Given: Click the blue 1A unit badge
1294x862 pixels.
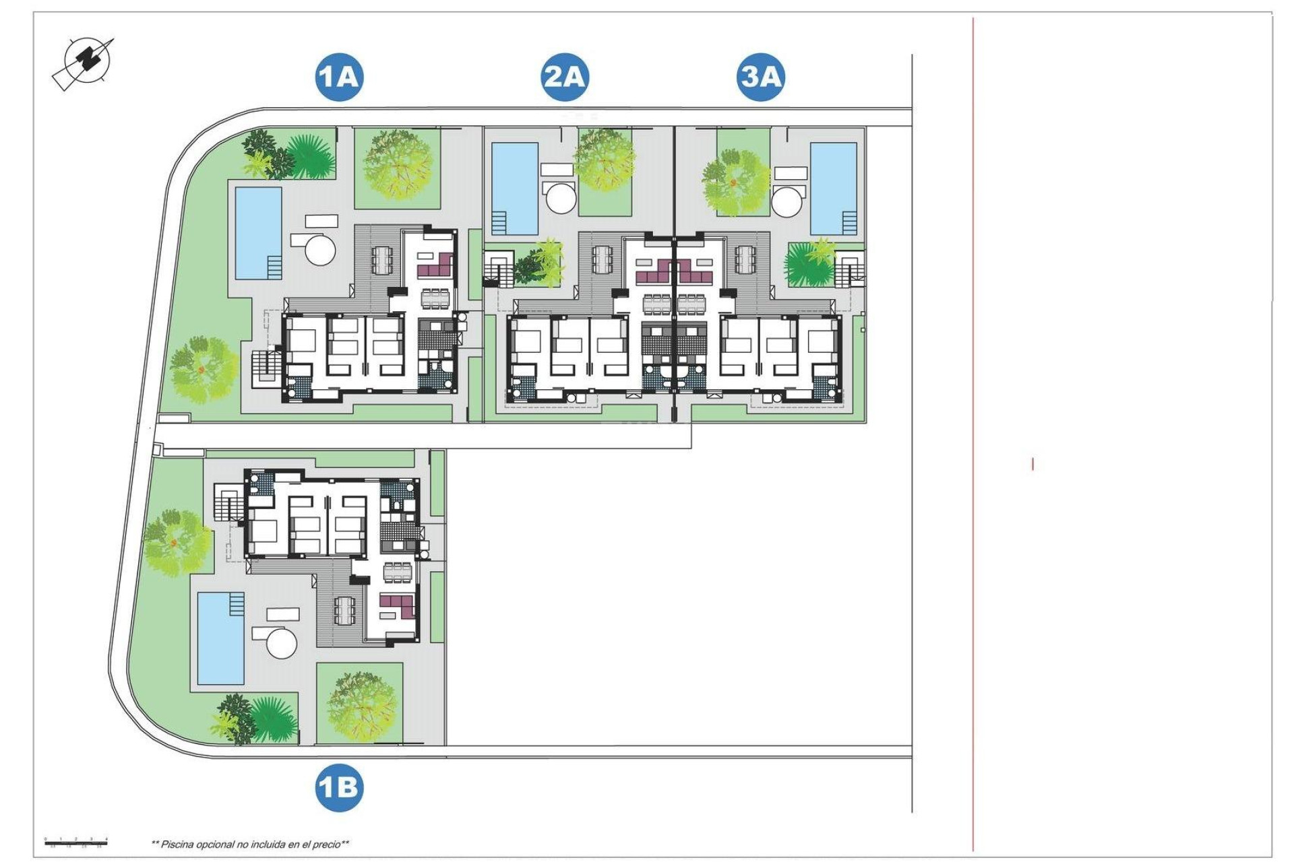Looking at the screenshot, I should pyautogui.click(x=339, y=77).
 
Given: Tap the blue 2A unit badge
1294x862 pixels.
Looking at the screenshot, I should pyautogui.click(x=564, y=77).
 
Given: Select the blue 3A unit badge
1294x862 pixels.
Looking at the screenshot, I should pyautogui.click(x=761, y=77).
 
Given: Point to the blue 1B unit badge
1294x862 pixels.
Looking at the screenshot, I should pyautogui.click(x=339, y=787).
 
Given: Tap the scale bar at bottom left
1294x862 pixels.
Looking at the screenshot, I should pyautogui.click(x=76, y=842).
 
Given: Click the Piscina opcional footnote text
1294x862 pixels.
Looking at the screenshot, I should pyautogui.click(x=250, y=844).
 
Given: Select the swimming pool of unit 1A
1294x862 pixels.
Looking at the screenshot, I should pyautogui.click(x=258, y=233).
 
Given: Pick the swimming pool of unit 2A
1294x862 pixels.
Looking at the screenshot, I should pyautogui.click(x=515, y=188).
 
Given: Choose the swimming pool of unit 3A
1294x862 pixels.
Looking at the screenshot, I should pyautogui.click(x=834, y=188).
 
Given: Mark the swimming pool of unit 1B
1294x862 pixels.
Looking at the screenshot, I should pyautogui.click(x=221, y=638).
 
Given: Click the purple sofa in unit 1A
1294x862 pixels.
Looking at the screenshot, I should pyautogui.click(x=435, y=265).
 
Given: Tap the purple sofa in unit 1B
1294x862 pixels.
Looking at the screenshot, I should pyautogui.click(x=397, y=606).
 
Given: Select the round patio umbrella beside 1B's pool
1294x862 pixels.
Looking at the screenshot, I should pyautogui.click(x=282, y=643).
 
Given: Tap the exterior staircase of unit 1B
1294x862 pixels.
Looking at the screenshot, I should pyautogui.click(x=227, y=502).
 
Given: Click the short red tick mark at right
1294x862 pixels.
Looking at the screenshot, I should pyautogui.click(x=1033, y=464).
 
